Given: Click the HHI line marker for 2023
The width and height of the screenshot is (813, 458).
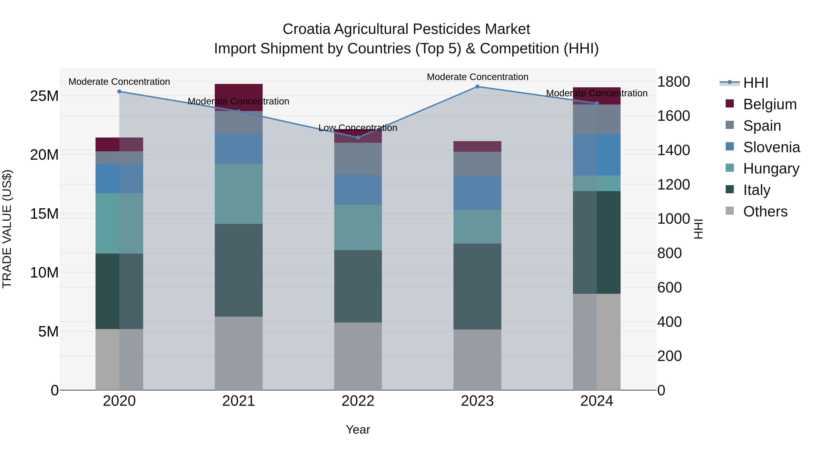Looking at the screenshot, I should point(477,87).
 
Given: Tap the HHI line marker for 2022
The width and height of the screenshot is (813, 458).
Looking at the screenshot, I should point(358,138).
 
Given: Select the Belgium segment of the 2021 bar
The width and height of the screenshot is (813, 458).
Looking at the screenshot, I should point(239,97).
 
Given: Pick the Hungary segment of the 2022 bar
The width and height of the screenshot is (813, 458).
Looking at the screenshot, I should point(358,228).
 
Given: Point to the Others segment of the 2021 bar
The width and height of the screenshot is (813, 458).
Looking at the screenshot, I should point(239,353).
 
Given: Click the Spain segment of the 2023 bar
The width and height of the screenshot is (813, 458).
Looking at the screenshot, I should point(477,164).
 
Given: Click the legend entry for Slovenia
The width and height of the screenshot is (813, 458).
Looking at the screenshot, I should point(771,147).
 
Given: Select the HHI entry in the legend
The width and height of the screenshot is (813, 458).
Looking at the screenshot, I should point(755,83).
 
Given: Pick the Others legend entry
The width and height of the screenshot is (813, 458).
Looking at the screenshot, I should point(765,211).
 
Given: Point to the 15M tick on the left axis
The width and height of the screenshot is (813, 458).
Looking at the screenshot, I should point(44,214).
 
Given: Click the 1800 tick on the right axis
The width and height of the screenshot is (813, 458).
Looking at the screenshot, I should point(673,82).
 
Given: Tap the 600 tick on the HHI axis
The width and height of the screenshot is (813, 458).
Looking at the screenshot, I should point(669,288).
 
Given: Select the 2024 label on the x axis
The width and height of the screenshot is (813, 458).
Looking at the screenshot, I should point(596,401).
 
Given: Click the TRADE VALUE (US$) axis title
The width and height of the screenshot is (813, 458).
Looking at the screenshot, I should point(7,229).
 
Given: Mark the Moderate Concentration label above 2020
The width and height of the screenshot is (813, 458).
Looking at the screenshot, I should point(119,82).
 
